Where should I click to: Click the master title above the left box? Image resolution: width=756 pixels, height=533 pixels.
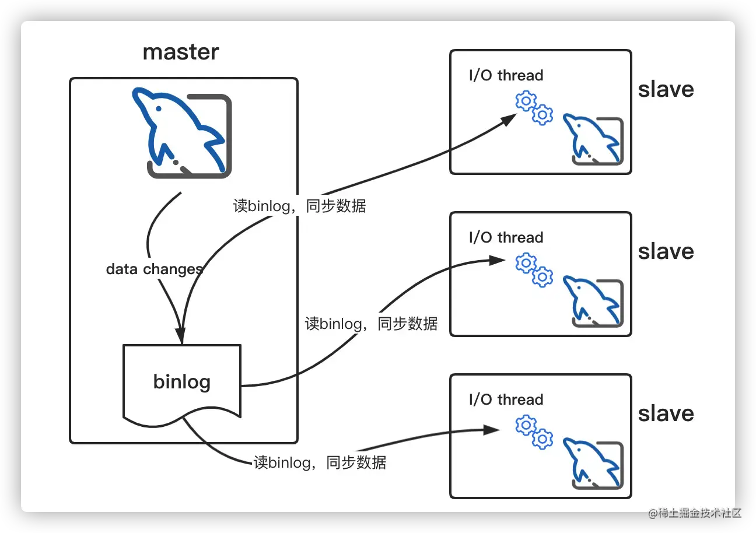coord(181,52)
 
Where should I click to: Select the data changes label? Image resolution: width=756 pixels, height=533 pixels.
coord(154,269)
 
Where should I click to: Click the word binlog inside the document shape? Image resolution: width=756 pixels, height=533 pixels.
coord(182,381)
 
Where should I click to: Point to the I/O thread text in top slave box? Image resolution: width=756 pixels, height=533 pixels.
coord(506,75)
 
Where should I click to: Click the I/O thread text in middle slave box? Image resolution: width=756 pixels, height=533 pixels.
coord(506,237)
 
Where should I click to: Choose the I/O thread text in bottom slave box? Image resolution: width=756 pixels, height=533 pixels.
coord(506,399)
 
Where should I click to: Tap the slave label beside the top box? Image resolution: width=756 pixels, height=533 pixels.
coord(666,89)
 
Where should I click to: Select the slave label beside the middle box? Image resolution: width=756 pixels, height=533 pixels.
coord(666,251)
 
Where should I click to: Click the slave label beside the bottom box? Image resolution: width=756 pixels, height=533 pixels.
coord(666,413)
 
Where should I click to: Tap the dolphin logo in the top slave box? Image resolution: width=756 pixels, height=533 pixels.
coord(592,140)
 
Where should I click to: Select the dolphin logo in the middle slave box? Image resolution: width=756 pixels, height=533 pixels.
coord(592,302)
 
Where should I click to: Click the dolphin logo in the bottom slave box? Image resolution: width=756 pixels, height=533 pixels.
coord(592,464)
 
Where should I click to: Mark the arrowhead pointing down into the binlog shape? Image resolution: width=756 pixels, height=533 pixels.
coord(180,337)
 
